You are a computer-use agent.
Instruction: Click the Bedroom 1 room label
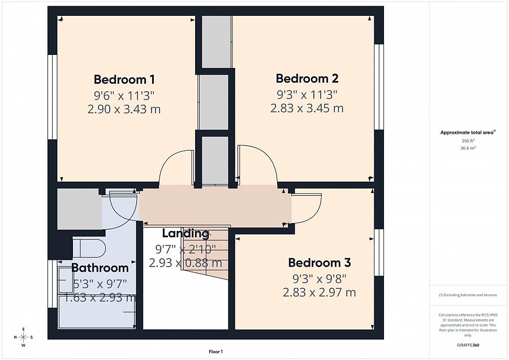[x=124, y=79]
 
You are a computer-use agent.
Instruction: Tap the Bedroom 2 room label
[x=307, y=79]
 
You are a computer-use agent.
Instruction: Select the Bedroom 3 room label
[x=319, y=263]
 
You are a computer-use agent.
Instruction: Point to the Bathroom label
[x=100, y=268]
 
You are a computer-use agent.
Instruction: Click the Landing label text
[x=186, y=233]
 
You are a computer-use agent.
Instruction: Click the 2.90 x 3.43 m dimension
[x=124, y=109]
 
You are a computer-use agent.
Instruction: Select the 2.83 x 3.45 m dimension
[x=307, y=108]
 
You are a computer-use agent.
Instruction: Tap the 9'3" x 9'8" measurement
[x=319, y=278]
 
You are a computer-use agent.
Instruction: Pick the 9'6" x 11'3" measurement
[x=124, y=95]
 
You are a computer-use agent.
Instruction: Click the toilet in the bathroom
[x=89, y=248]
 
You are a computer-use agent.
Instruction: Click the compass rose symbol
[x=23, y=337]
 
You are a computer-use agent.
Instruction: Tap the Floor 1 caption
[x=215, y=352]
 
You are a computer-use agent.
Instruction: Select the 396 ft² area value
[x=468, y=140]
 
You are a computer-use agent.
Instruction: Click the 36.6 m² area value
[x=468, y=147]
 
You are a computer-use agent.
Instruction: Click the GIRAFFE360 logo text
[x=468, y=344]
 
